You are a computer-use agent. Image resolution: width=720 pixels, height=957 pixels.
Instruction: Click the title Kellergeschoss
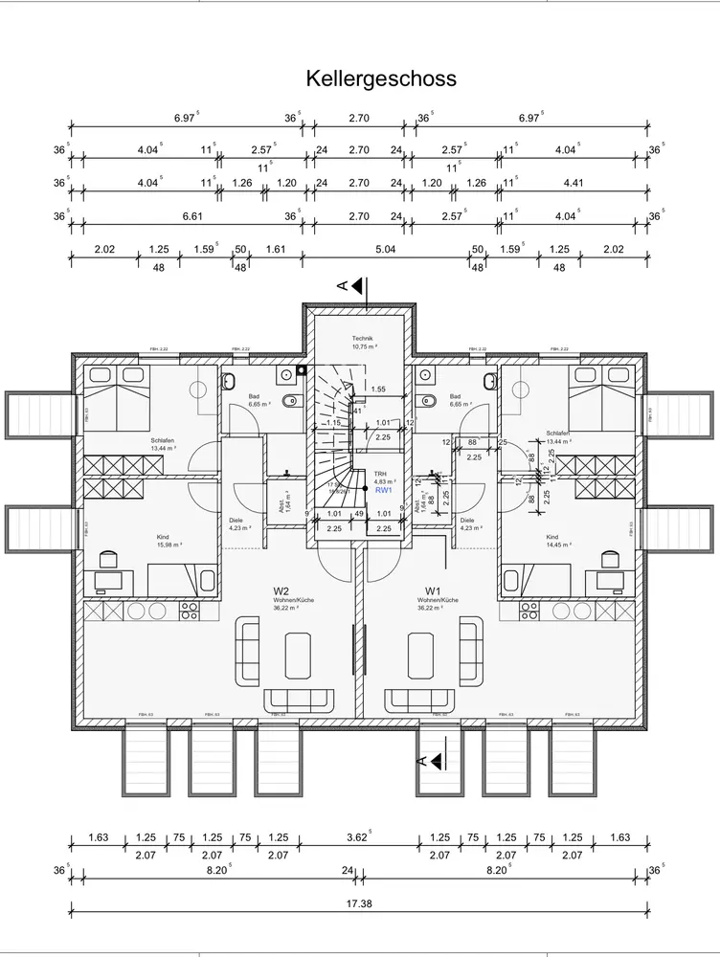click(x=381, y=78)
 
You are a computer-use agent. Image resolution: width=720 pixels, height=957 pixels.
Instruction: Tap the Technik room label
click(x=361, y=340)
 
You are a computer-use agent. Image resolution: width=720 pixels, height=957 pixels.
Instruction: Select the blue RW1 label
click(x=383, y=490)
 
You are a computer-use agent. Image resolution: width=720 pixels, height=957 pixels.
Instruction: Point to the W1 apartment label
click(x=432, y=590)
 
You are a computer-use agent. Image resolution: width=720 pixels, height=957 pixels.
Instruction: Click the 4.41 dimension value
click(x=574, y=183)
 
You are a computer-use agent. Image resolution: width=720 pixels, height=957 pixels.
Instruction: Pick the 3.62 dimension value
click(x=355, y=838)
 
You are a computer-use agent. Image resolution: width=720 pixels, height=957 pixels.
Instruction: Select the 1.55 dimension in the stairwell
click(x=378, y=389)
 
